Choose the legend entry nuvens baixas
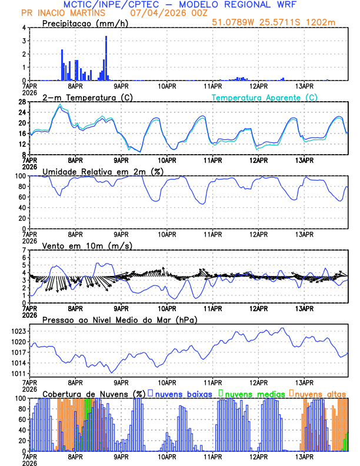coord(182,393)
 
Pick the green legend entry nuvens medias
coord(250,393)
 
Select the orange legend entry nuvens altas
coord(320,393)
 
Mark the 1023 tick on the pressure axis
coord(17,331)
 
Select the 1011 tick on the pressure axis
coord(17,374)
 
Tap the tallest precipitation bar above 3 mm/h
coord(106,58)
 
